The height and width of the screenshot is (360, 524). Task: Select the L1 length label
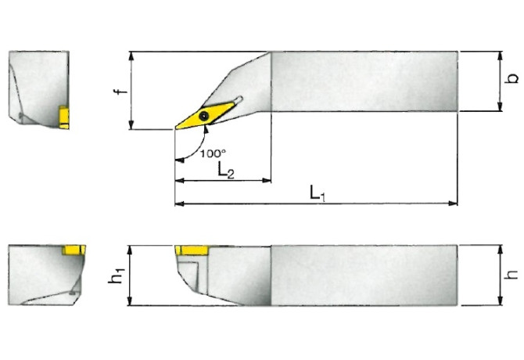316,192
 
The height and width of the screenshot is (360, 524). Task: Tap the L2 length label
224,170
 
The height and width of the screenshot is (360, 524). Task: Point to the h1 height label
117,275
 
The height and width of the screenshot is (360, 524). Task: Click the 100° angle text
212,153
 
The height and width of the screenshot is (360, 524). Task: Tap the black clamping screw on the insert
204,116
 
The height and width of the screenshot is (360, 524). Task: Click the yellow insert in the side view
190,250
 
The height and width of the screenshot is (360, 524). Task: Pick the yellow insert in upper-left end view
63,117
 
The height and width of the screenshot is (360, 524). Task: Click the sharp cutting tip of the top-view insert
176,128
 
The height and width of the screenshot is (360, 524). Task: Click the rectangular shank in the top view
364,81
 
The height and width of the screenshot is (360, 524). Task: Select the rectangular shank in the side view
364,274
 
